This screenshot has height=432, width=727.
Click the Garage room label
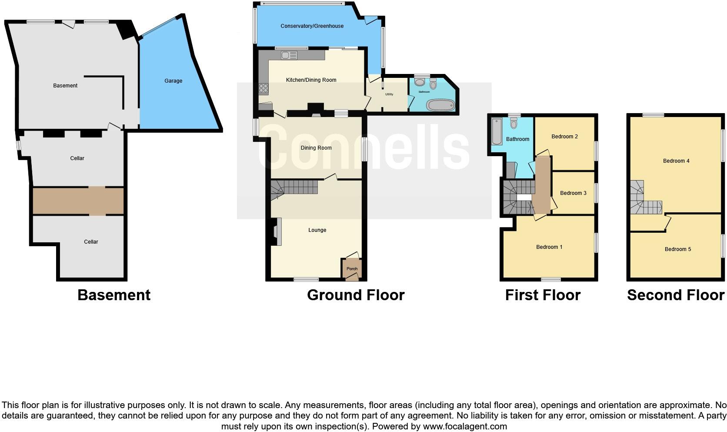tap(173, 81)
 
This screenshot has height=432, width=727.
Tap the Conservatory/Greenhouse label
tap(312, 26)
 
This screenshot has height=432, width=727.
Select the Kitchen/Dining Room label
tap(311, 80)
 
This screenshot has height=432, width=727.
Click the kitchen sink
tap(289, 55)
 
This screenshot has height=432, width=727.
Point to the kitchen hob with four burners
tap(263, 89)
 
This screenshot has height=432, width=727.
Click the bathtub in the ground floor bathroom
tap(441, 106)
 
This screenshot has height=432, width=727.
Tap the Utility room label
tap(389, 94)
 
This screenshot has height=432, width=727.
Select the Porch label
tap(352, 269)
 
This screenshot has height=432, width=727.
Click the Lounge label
tap(317, 230)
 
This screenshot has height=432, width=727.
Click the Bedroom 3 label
tap(573, 193)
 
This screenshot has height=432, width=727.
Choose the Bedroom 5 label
tap(677, 249)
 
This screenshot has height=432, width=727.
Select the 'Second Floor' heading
tap(675, 295)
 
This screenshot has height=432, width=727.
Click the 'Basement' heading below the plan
tap(114, 295)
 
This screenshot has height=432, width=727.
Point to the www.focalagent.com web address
tap(465, 426)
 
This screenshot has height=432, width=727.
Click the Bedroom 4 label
tap(676, 161)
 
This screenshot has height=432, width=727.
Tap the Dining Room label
tap(316, 148)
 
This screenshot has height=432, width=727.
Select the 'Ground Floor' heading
tap(356, 295)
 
